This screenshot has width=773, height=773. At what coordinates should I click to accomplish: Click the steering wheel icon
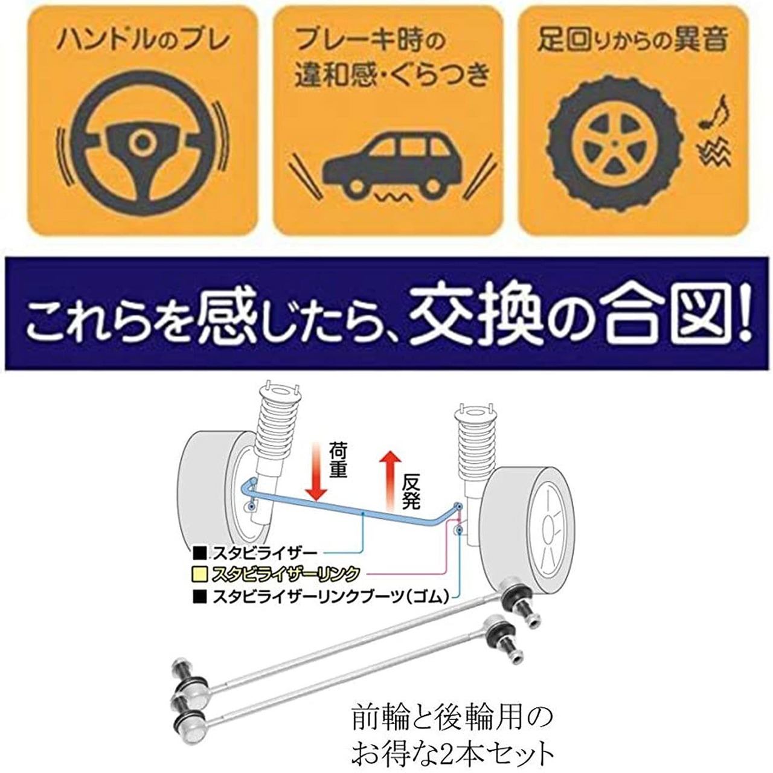click(143, 143)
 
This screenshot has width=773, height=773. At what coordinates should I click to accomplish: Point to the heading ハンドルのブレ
click(143, 41)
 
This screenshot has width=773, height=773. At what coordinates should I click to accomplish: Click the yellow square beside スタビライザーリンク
click(199, 573)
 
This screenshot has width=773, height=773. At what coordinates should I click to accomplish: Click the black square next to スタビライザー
click(199, 552)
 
